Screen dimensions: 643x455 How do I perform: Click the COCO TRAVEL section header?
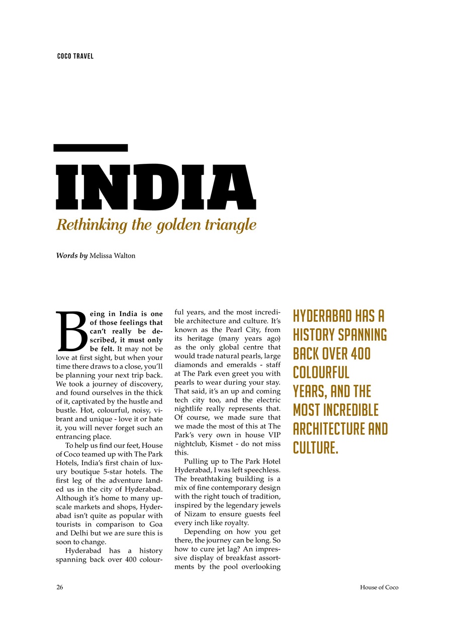pos(75,56)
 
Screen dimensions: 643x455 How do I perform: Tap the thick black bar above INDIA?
pos(91,148)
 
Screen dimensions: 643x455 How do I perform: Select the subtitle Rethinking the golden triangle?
pos(156,225)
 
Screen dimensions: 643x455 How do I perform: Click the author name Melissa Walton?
pos(112,256)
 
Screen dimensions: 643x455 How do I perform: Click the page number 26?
pos(59,587)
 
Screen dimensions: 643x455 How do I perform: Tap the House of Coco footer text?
pos(379,587)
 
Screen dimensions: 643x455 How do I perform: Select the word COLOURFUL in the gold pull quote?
pos(321,373)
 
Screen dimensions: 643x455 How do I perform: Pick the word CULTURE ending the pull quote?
pos(315,448)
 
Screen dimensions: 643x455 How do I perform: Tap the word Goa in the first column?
pos(154,524)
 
